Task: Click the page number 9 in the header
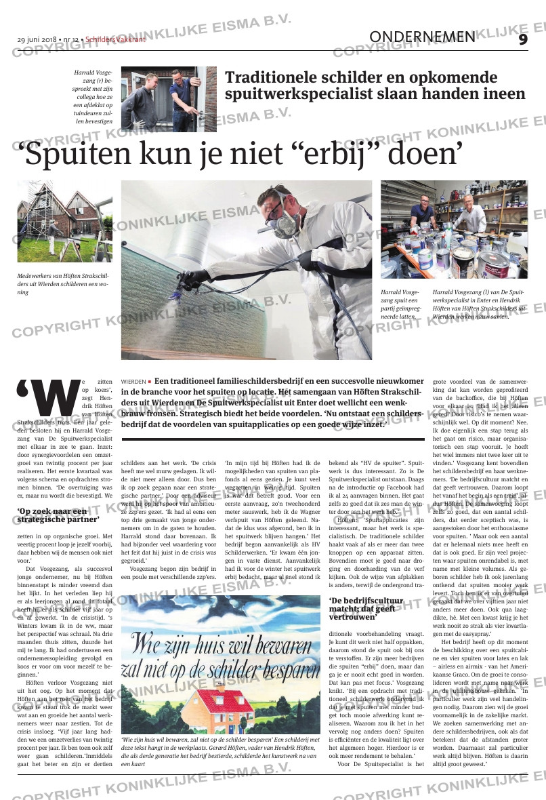(x=522, y=39)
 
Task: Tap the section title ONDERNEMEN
(x=423, y=37)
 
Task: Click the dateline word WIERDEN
(x=133, y=382)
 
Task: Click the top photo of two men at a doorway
(x=169, y=99)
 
